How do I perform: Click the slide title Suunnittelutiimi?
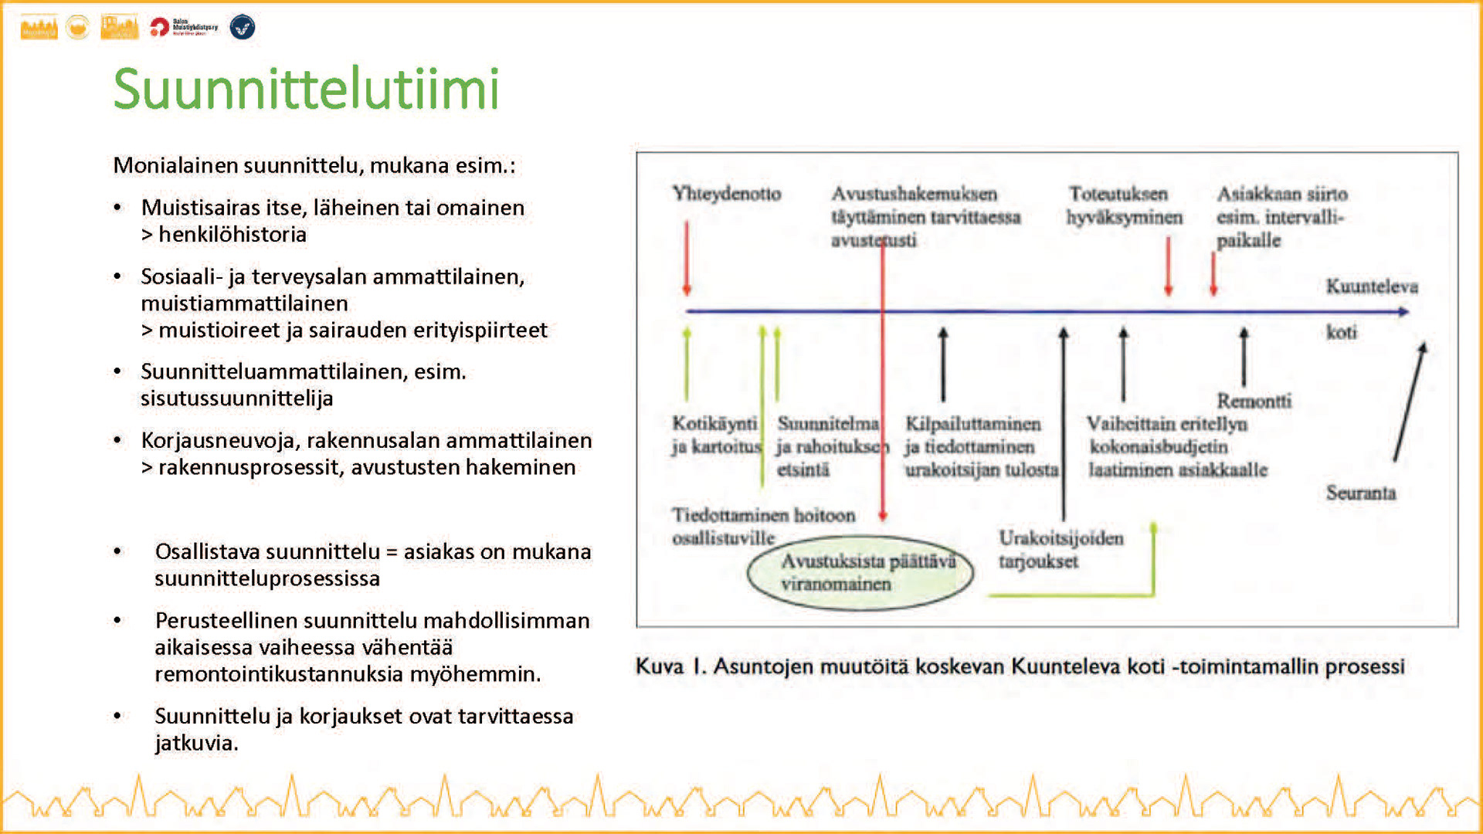(306, 90)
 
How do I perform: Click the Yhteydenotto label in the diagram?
(726, 193)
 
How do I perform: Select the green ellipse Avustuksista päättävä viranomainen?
(860, 573)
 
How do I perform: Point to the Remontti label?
(1254, 401)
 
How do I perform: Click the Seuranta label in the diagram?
(1360, 493)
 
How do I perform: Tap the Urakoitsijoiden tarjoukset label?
(1060, 550)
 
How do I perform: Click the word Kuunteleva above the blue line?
(1372, 286)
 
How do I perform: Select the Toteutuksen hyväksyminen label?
(1124, 205)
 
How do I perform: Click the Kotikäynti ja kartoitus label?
(715, 435)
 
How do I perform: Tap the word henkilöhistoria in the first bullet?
(232, 234)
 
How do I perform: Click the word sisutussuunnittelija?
(236, 398)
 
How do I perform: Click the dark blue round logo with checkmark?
(243, 28)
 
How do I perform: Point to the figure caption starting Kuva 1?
(1020, 666)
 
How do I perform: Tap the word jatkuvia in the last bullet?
(196, 743)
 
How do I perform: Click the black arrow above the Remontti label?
(1244, 357)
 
